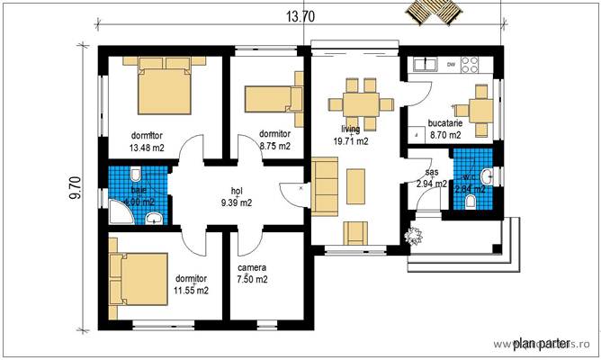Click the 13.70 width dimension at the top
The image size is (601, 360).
pyautogui.click(x=301, y=16)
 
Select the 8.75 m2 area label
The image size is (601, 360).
pyautogui.click(x=274, y=145)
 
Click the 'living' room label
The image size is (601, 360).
pyautogui.click(x=350, y=130)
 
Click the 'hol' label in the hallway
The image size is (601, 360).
pyautogui.click(x=237, y=191)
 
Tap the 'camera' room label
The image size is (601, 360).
pyautogui.click(x=252, y=268)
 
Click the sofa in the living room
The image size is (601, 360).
pyautogui.click(x=325, y=185)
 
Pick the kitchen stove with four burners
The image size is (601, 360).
pyautogui.click(x=470, y=64)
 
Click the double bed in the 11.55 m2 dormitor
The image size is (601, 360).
pyautogui.click(x=138, y=279)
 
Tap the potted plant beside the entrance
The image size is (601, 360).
pyautogui.click(x=413, y=238)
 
